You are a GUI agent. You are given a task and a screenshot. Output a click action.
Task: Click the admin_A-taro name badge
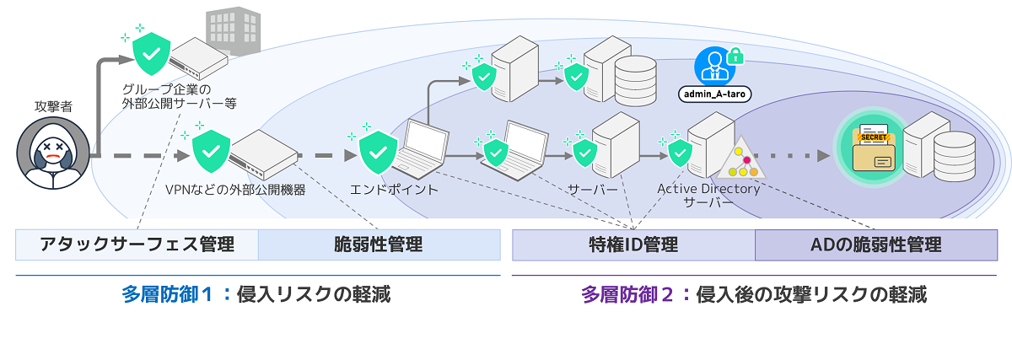tap(714, 94)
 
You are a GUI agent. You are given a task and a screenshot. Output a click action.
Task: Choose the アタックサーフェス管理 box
tap(137, 245)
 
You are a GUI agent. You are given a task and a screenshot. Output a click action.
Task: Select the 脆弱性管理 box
tap(379, 245)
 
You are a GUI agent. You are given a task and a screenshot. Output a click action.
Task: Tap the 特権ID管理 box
tap(633, 245)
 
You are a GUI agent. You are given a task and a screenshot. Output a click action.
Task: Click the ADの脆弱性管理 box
tap(876, 245)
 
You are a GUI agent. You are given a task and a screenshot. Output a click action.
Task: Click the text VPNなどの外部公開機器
tap(235, 190)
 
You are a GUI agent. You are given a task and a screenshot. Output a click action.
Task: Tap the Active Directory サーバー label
tap(708, 195)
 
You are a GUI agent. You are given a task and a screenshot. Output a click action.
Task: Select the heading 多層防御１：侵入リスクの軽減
tap(256, 295)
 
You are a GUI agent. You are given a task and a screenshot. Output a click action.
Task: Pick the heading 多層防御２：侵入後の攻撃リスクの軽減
tap(754, 295)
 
